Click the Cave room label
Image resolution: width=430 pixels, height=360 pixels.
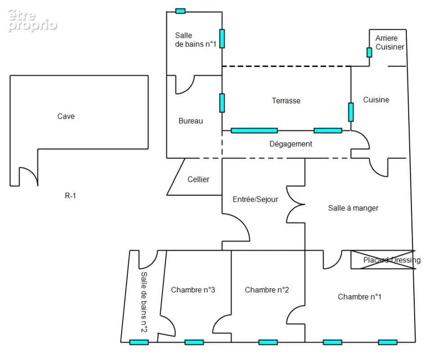click(x=66, y=116)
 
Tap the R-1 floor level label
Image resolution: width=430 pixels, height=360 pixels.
click(x=70, y=196)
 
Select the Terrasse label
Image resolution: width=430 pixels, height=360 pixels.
click(x=286, y=100)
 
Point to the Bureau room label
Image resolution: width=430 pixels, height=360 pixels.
click(x=190, y=121)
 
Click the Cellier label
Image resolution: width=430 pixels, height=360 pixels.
click(x=198, y=179)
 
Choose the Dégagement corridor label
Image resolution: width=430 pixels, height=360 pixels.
click(x=291, y=144)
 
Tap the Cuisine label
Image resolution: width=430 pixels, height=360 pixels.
click(x=376, y=100)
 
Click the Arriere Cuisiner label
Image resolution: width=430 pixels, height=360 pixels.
click(x=389, y=42)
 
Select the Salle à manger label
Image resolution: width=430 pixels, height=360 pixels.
click(x=353, y=208)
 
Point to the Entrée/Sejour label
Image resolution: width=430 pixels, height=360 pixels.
click(x=255, y=199)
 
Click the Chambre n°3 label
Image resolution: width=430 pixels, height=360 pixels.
click(x=193, y=290)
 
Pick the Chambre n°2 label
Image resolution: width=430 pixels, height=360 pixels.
click(x=267, y=290)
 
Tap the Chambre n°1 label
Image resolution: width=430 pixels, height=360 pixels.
click(x=359, y=297)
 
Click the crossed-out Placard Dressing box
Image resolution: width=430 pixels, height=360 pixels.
click(x=383, y=260)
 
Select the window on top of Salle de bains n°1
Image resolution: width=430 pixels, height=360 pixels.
click(x=180, y=11)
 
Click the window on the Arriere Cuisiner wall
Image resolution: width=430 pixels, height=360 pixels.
click(x=369, y=52)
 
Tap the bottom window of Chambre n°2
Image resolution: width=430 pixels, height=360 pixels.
click(x=268, y=342)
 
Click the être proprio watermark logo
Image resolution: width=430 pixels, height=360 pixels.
click(x=32, y=21)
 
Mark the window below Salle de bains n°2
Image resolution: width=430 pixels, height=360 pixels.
click(x=139, y=342)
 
